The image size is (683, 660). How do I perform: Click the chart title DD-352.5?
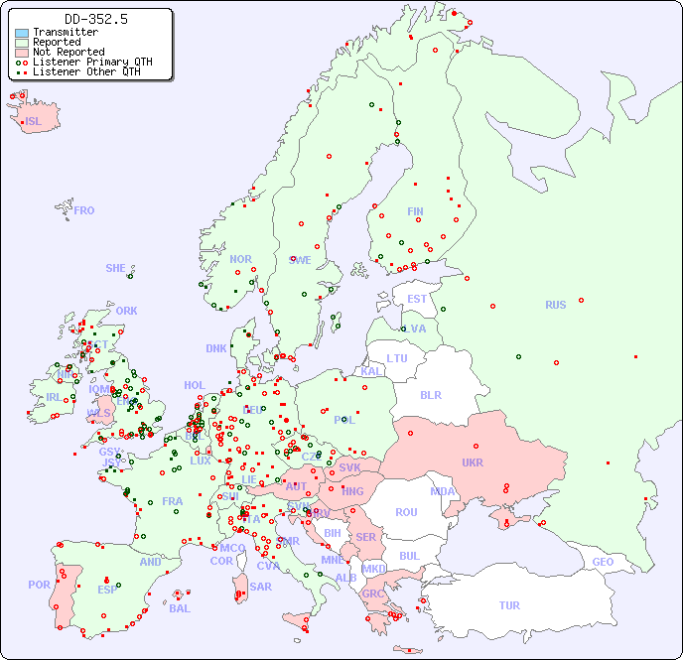[x=95, y=19]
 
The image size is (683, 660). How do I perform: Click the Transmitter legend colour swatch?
[x=22, y=33]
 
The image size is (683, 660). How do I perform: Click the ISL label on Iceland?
[x=34, y=122]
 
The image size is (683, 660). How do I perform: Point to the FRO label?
[x=84, y=210]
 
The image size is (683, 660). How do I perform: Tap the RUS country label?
[x=555, y=305]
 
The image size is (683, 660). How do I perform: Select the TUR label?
[x=509, y=605]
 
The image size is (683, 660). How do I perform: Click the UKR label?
[x=473, y=462]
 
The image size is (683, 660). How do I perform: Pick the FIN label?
[x=415, y=211]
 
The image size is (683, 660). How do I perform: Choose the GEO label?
[x=603, y=562]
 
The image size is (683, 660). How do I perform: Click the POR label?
[x=39, y=585]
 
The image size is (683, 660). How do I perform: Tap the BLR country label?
[x=430, y=394]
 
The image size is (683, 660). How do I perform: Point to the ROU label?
[x=406, y=512]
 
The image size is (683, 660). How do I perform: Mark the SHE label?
[x=116, y=268]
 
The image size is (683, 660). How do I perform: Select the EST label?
[x=417, y=299]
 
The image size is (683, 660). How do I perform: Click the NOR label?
[x=240, y=259]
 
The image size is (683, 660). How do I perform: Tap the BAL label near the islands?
[x=180, y=608]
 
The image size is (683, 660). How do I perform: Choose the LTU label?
[x=397, y=358]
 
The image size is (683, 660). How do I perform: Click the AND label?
[x=150, y=562]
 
